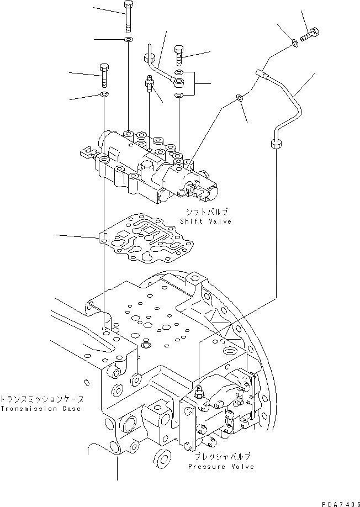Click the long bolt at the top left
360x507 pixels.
coord(128,17)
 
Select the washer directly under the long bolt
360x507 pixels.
coord(129,40)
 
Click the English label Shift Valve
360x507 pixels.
coord(205,221)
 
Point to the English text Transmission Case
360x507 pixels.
coord(40,409)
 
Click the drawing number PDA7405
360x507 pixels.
coord(338,499)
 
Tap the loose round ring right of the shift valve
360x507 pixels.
coord(239,98)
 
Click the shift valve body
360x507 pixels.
coord(155,166)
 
